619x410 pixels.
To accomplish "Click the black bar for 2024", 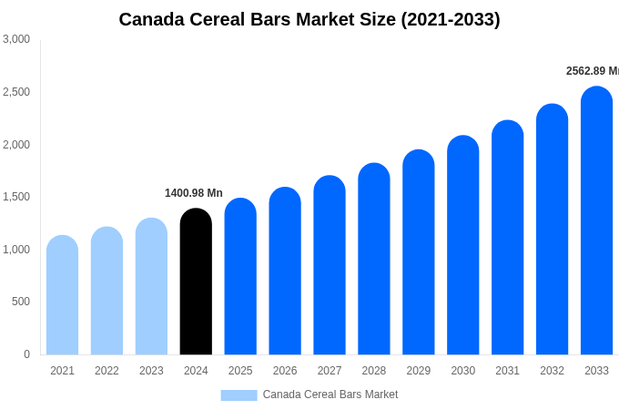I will tap(196, 282).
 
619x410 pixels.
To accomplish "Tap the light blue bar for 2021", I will tap(62, 295).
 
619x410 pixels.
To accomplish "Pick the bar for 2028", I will tap(373, 259).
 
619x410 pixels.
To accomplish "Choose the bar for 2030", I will tap(462, 245).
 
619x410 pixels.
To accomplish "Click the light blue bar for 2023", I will tap(151, 286).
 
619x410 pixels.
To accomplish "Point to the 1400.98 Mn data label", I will tap(193, 193).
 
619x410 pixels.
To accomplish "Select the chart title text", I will tap(309, 19).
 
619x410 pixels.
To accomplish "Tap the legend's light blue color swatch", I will tap(238, 395).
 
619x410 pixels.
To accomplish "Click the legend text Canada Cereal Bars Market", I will tap(330, 395).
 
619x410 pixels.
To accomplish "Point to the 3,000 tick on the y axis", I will tap(16, 39).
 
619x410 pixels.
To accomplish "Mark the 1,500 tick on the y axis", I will tap(16, 197).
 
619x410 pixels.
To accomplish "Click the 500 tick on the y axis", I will tap(21, 302).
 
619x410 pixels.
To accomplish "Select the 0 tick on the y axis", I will tap(26, 354).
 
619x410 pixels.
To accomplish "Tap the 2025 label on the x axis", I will tap(240, 371).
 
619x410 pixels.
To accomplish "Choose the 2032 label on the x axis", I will tap(552, 371).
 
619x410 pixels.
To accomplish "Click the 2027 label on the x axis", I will tap(330, 371).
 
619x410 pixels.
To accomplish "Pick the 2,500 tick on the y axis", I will tap(16, 92).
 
